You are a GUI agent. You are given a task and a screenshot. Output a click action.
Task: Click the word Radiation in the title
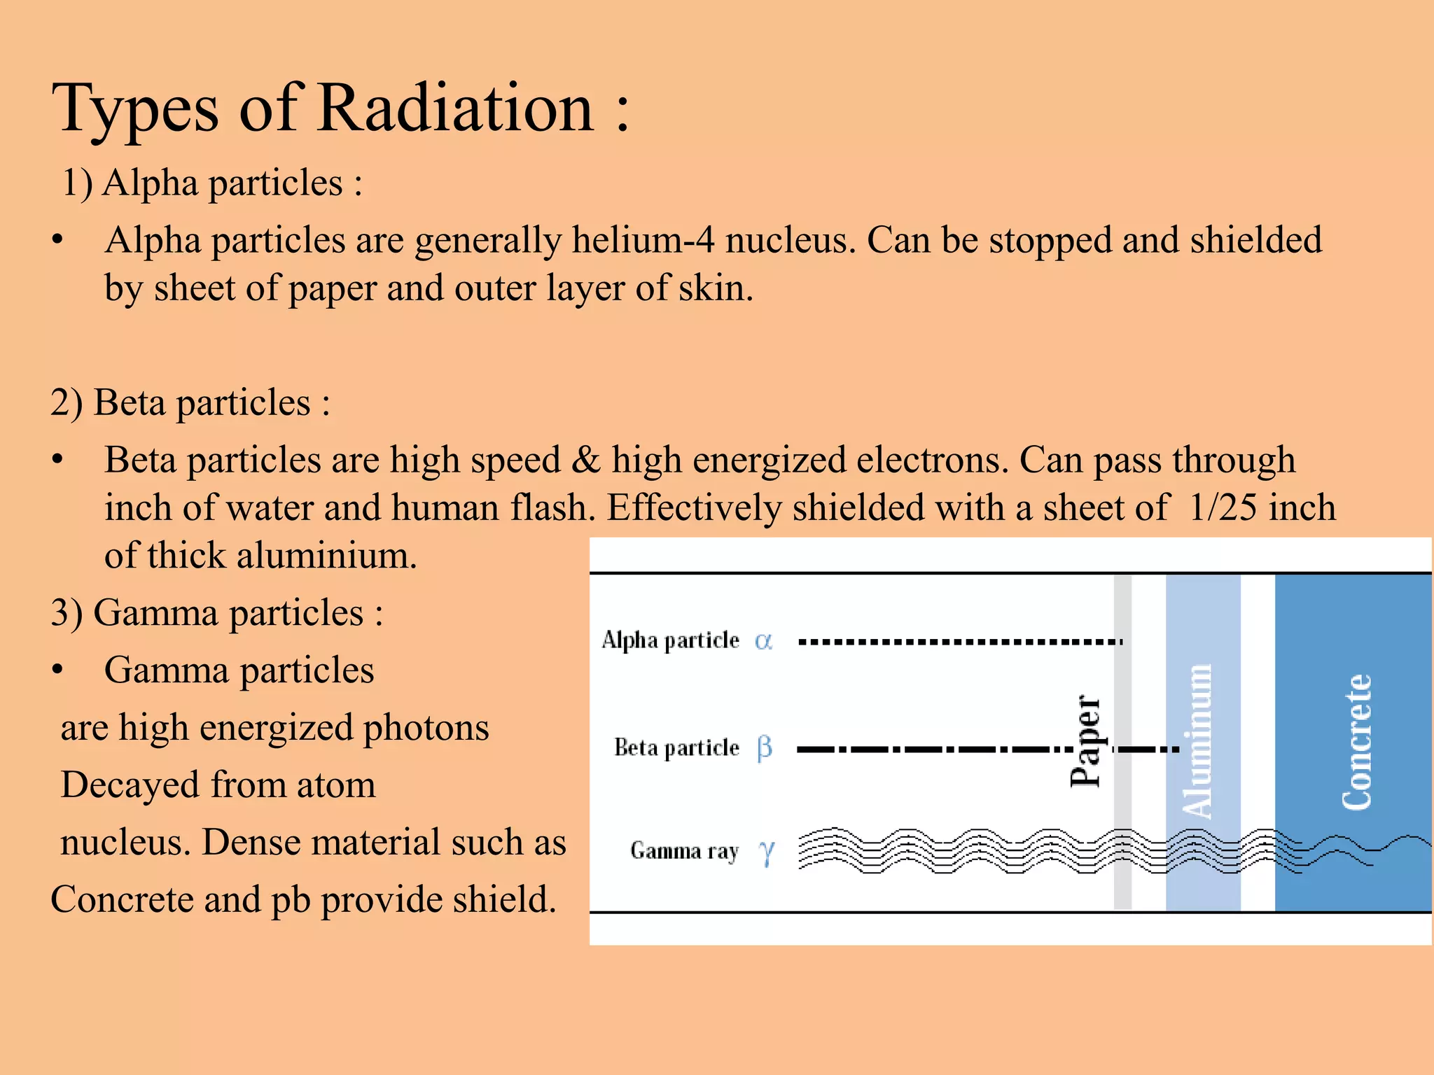tap(455, 108)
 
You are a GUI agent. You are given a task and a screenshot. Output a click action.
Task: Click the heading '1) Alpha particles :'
tap(211, 183)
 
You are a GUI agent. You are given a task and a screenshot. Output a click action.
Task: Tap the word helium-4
tap(643, 240)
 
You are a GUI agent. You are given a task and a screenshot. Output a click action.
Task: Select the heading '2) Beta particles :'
tap(190, 403)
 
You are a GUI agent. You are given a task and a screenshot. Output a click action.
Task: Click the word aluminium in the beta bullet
tap(326, 556)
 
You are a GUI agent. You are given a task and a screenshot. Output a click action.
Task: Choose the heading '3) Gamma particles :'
tap(217, 613)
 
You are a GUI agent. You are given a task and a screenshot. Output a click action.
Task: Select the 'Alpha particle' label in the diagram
tap(670, 640)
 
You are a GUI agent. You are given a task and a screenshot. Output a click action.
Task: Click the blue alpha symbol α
tap(763, 640)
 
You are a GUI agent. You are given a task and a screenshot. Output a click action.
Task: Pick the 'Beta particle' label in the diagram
tap(676, 748)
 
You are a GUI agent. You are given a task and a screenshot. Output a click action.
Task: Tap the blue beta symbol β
tap(765, 747)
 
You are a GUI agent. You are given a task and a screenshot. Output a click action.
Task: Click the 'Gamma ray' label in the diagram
tap(684, 851)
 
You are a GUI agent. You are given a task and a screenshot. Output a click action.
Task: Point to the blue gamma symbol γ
tap(767, 852)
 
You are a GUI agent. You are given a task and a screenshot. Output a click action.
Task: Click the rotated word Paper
tap(1086, 742)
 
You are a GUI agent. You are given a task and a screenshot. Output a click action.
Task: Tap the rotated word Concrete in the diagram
tap(1356, 742)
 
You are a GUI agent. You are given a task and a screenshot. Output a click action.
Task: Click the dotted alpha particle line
tap(959, 641)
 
